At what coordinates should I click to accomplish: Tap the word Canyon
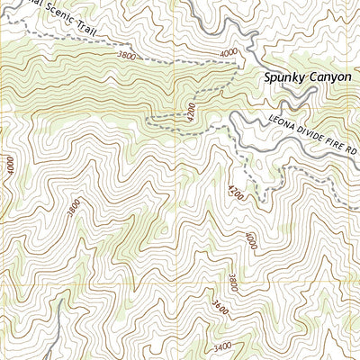(x=331, y=78)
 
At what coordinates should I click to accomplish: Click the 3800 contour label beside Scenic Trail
(x=128, y=55)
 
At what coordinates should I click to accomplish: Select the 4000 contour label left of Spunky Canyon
(x=229, y=53)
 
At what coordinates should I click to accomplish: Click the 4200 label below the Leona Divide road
(x=236, y=191)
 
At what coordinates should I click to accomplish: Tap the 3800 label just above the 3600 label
(x=233, y=282)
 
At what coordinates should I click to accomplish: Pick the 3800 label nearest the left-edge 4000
(x=73, y=210)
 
